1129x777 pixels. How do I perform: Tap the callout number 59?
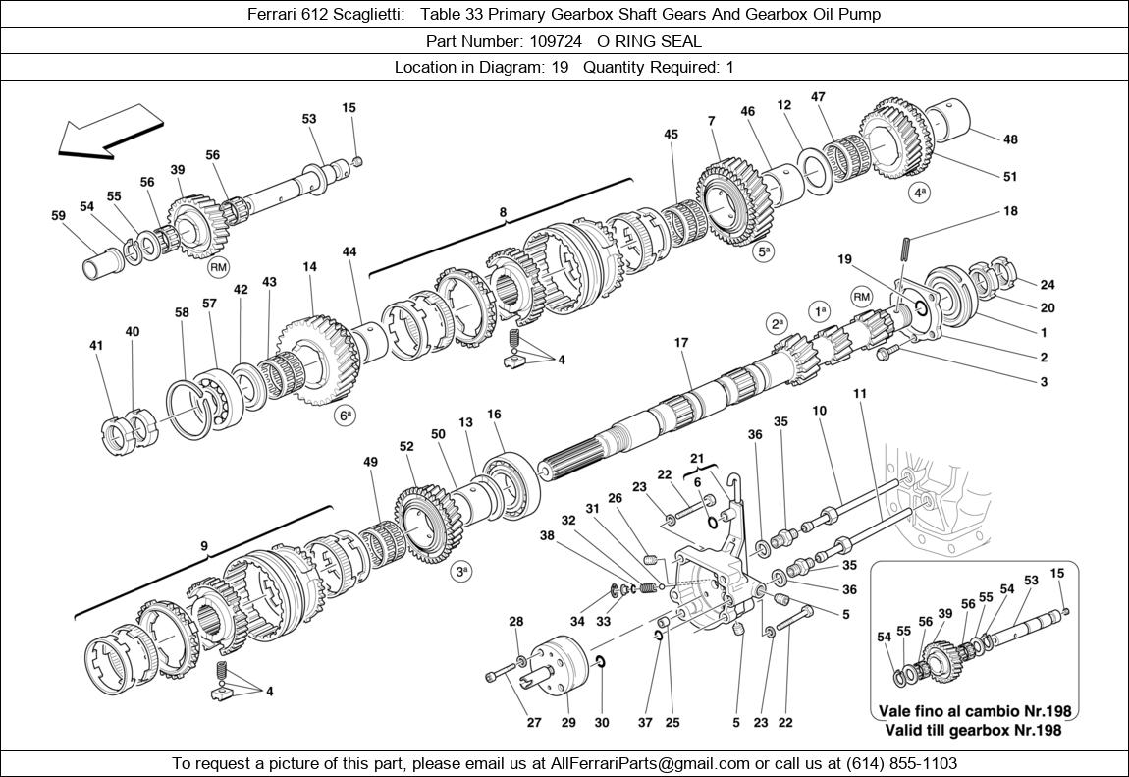58,215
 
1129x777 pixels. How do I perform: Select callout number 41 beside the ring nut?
95,345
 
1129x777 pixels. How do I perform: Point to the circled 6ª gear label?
346,416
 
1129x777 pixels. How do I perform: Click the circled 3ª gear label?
461,571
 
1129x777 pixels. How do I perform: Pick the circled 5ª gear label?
764,252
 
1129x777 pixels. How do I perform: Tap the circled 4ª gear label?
919,193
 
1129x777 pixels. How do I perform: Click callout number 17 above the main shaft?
681,343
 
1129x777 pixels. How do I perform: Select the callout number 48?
1010,139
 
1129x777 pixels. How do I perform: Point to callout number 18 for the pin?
1010,211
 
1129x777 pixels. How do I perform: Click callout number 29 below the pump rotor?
567,723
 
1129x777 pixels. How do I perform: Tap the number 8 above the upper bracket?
503,211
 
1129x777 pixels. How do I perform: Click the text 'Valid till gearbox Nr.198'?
972,730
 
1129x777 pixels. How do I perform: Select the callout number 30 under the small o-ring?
602,723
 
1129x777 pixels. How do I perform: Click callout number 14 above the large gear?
309,266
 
